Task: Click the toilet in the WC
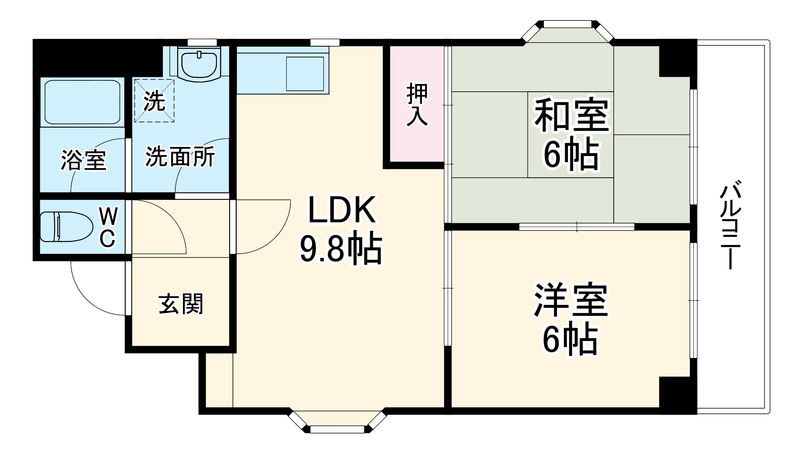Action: tap(60, 227)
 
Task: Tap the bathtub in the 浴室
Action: tap(82, 102)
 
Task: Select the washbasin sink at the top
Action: tap(199, 64)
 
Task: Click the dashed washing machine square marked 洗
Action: tap(154, 101)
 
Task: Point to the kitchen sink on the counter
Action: tap(305, 74)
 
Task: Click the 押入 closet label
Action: tap(417, 105)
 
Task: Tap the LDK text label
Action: tap(342, 210)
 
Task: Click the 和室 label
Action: tap(571, 115)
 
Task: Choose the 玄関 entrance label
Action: tap(181, 304)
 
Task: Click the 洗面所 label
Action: tap(180, 156)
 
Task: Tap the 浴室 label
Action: tap(83, 160)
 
